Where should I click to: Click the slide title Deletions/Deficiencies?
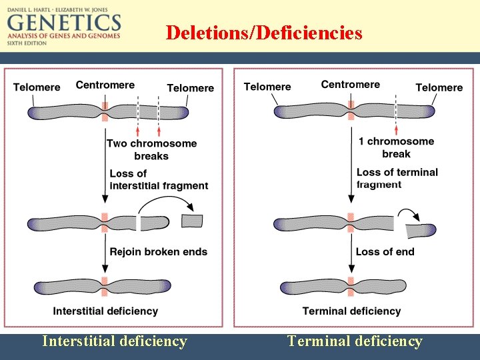[x=264, y=33]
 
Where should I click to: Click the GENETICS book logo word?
[x=64, y=23]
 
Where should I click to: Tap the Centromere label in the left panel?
[x=105, y=85]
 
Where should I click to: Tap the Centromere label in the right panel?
[x=350, y=85]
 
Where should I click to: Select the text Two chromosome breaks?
[x=151, y=149]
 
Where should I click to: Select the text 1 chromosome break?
[x=396, y=147]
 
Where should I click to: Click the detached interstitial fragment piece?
[x=192, y=221]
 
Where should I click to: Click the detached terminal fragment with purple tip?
[x=421, y=231]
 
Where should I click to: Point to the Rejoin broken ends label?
[x=158, y=252]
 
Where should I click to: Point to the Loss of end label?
[x=385, y=252]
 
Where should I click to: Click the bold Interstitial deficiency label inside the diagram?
[x=105, y=311]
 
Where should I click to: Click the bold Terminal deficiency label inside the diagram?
[x=351, y=311]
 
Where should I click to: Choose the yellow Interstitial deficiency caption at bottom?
[x=114, y=341]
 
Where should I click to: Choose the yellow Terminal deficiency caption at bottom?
[x=355, y=341]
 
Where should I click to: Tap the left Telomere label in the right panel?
[x=267, y=87]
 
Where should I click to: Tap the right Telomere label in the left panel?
[x=190, y=88]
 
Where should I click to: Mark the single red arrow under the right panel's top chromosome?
[x=396, y=129]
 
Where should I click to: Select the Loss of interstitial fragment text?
[x=158, y=180]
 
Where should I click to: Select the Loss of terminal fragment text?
[x=397, y=178]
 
